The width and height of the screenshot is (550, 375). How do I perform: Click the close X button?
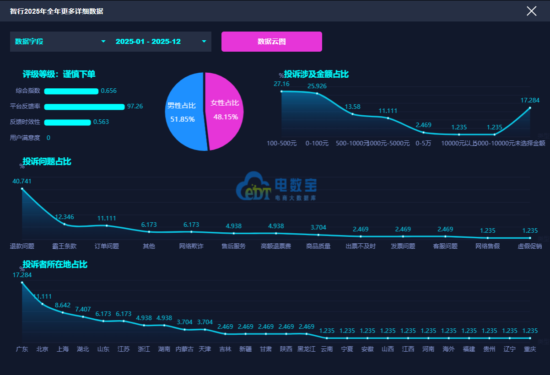(x=531, y=11)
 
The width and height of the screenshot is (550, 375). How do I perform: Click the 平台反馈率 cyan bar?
(x=84, y=107)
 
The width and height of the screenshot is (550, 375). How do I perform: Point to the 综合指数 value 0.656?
(x=108, y=91)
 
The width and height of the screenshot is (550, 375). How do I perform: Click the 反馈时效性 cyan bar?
(x=67, y=122)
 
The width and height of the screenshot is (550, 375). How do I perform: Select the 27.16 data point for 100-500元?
(x=281, y=91)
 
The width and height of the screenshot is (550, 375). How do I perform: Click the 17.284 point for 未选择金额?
(x=530, y=108)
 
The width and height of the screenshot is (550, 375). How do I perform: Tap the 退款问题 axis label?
(x=22, y=246)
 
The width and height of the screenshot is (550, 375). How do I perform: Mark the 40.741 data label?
(x=22, y=181)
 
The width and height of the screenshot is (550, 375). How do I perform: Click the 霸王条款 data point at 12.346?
(x=65, y=224)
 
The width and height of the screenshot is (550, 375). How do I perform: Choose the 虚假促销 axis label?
(x=530, y=246)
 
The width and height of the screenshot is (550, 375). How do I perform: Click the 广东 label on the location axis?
(x=22, y=349)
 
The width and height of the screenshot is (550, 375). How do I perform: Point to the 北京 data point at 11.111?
(x=43, y=304)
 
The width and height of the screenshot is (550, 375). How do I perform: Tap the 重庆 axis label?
(x=530, y=349)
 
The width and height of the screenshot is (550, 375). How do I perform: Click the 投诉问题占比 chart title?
(x=47, y=161)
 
